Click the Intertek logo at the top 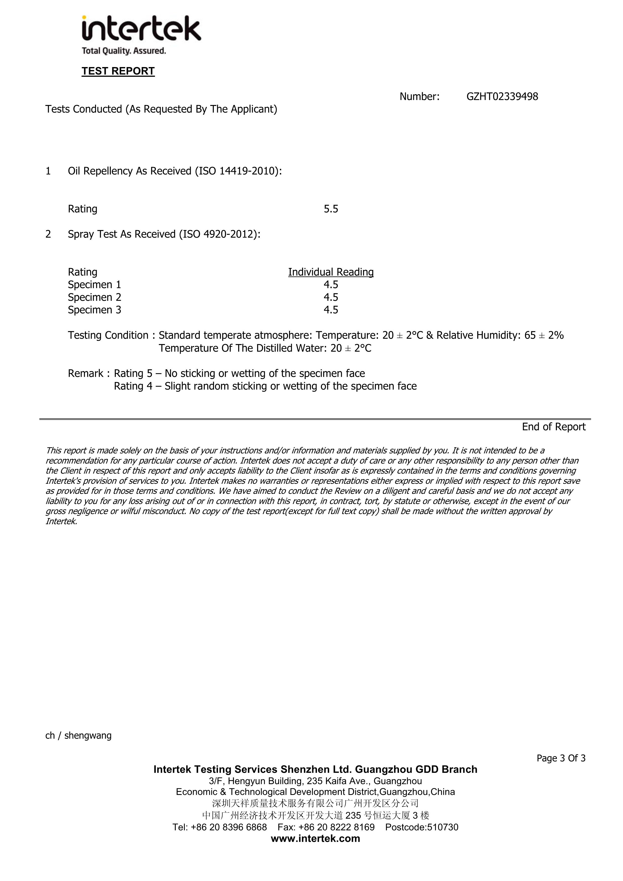click(x=141, y=29)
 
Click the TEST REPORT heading click(x=118, y=71)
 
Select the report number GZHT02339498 click(x=502, y=97)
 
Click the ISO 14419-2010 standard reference click(x=237, y=171)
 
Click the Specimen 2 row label click(x=94, y=297)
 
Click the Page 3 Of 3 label click(x=561, y=758)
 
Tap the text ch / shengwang click(x=78, y=736)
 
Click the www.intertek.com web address click(x=315, y=838)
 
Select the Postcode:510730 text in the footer click(x=421, y=827)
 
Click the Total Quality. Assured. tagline click(x=124, y=51)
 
